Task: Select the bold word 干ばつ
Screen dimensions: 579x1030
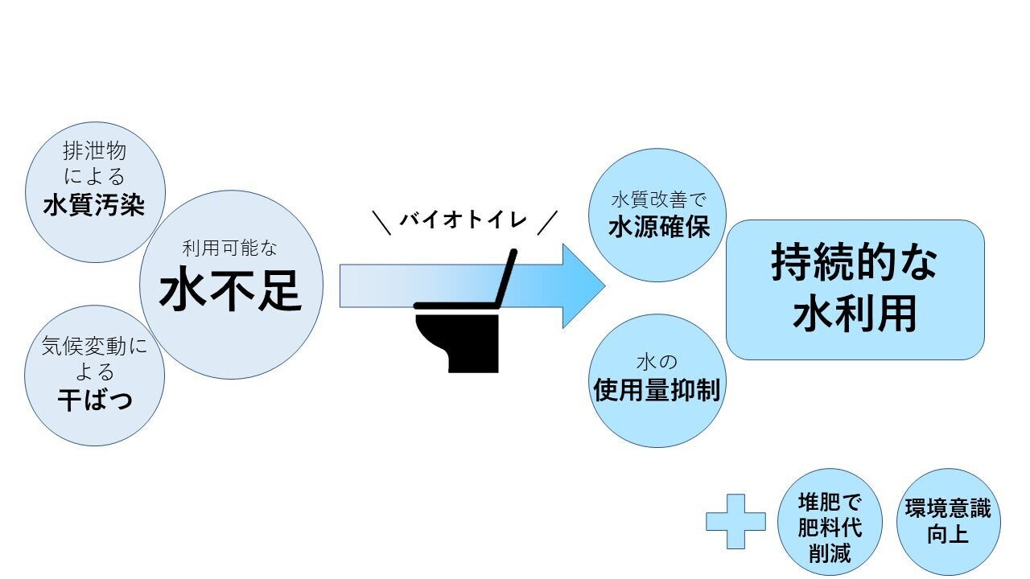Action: [x=95, y=400]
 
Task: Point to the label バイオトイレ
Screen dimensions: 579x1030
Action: [x=463, y=220]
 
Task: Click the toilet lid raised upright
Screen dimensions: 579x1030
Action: [x=507, y=277]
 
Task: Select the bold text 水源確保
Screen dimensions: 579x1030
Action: [x=659, y=227]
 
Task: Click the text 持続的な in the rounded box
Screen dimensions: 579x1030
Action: [x=854, y=261]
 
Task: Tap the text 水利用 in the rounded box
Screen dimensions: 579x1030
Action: [x=854, y=314]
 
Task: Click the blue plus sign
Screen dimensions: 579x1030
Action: [x=735, y=521]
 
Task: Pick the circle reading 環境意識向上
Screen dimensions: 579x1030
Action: [x=948, y=521]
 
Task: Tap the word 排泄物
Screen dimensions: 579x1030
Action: [x=95, y=151]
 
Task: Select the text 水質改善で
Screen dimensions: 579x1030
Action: [x=658, y=199]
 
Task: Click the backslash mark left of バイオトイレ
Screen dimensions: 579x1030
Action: [x=381, y=222]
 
